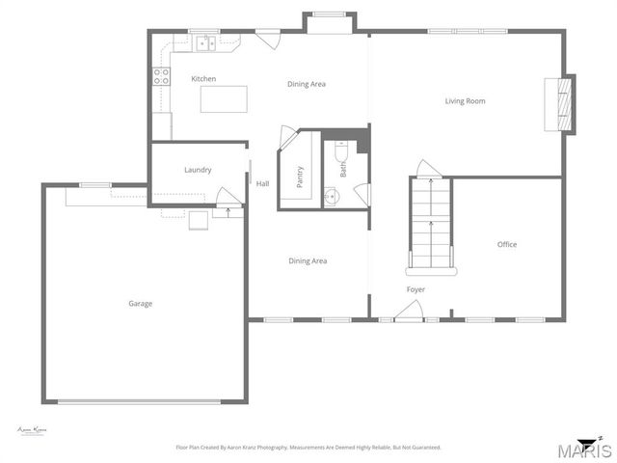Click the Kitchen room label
tap(203, 79)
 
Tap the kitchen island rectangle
tap(223, 99)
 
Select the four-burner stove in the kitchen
tap(160, 77)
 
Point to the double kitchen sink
tap(204, 42)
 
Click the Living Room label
tap(465, 101)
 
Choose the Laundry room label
tap(198, 171)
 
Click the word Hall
tap(262, 183)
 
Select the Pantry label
tap(300, 177)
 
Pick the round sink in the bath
tap(333, 197)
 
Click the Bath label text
tap(343, 170)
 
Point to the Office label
tap(507, 245)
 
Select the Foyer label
tap(416, 289)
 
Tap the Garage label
tap(141, 304)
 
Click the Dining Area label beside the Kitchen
tap(307, 84)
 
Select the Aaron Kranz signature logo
tap(34, 430)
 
